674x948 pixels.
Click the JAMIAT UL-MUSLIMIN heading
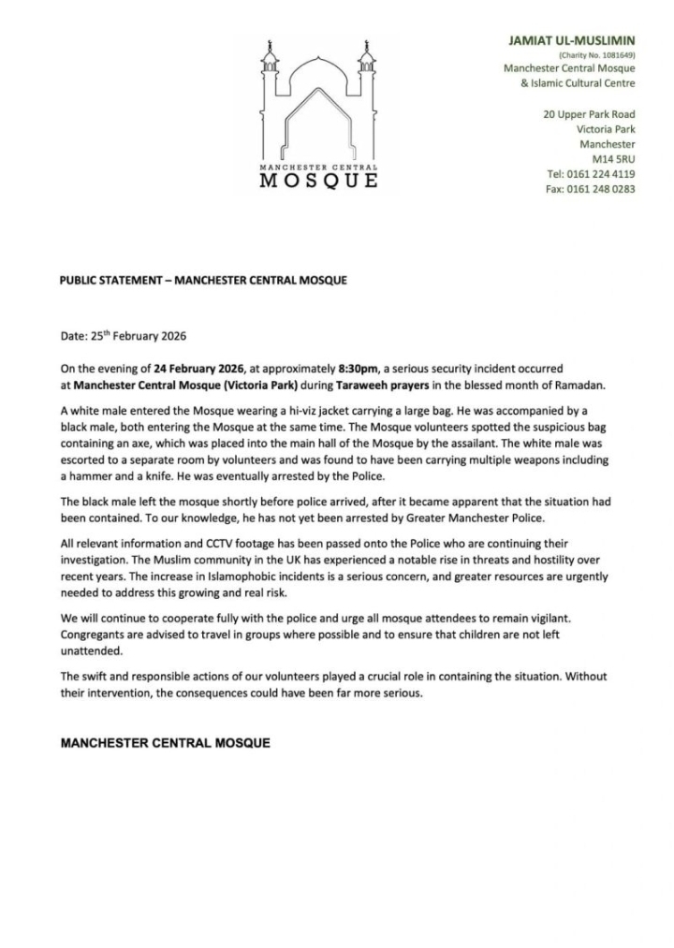pos(571,40)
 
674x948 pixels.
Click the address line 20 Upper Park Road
pos(589,114)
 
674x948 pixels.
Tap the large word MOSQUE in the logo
pos(318,180)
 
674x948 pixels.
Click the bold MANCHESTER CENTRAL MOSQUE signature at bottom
pos(166,743)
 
